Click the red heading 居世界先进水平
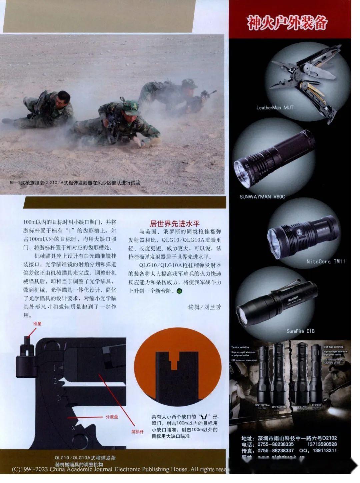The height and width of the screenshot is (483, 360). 175,223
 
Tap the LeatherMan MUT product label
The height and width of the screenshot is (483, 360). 275,108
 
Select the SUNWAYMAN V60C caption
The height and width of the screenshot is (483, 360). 262,197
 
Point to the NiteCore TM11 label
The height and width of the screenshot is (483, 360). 325,262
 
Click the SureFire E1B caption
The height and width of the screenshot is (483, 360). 300,331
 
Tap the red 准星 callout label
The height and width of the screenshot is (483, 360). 37,324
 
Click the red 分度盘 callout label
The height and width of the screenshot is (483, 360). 112,417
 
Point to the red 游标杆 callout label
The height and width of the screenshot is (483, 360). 137,432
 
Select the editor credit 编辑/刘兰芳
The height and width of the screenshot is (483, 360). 204,307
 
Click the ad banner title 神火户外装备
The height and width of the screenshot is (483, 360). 287,22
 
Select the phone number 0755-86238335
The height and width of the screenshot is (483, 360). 275,444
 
